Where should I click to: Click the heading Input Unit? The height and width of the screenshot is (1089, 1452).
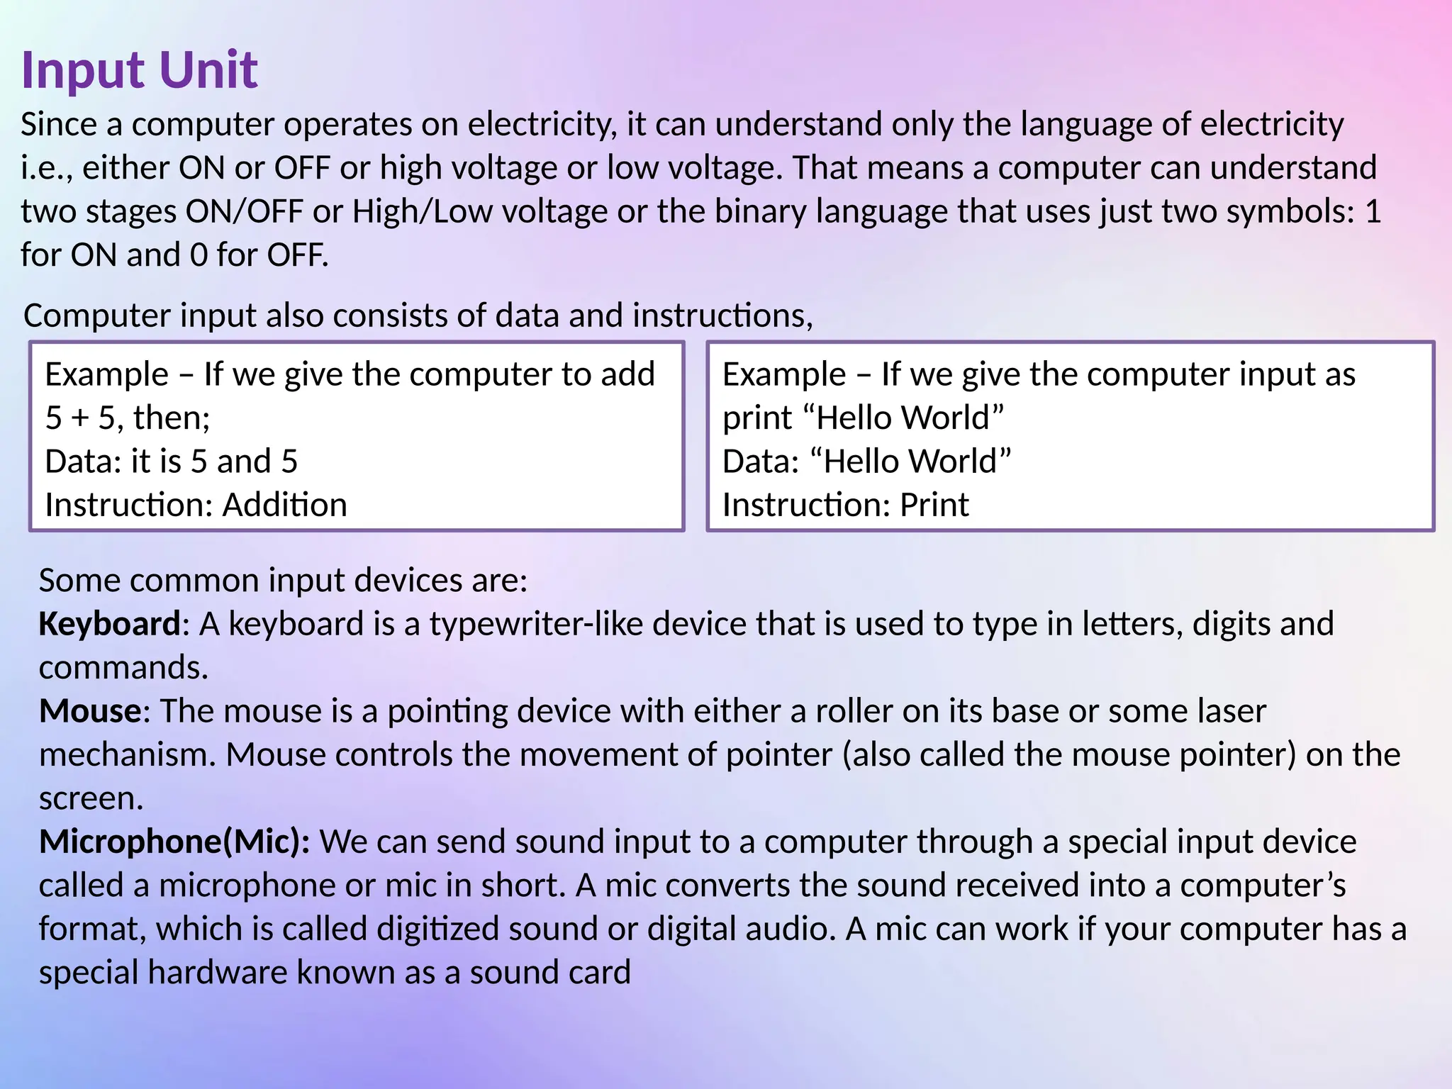140,70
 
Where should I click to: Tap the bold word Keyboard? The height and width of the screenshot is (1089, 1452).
110,624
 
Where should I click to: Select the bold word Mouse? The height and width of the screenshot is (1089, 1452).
90,711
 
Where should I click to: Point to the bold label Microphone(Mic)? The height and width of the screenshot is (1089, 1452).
174,842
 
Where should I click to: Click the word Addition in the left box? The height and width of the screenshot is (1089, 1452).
285,505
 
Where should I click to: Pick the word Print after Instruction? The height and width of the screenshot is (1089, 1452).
934,505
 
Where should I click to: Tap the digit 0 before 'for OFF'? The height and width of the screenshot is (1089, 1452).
199,255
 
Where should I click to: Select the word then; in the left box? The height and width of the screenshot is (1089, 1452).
172,418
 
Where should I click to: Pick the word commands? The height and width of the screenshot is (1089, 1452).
123,668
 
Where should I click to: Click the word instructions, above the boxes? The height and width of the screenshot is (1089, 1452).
722,315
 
